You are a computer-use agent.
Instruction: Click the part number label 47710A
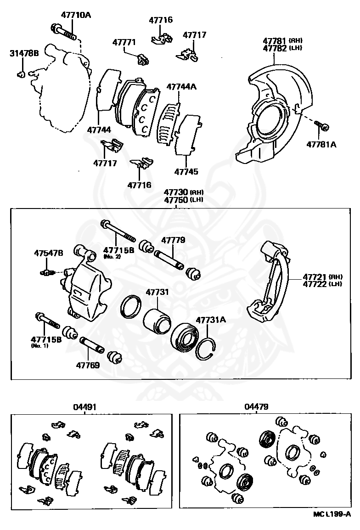[76, 15]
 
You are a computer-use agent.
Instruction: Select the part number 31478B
[24, 53]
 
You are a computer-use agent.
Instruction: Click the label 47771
[124, 42]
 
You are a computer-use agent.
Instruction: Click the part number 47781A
[321, 144]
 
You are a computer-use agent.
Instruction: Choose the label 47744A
[181, 86]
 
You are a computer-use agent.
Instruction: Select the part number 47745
[186, 172]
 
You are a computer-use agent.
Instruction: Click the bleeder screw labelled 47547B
[46, 272]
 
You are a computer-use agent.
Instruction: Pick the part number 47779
[173, 240]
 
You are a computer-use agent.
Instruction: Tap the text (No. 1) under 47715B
[39, 345]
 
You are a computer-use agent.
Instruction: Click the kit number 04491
[84, 407]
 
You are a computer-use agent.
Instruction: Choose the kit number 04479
[257, 407]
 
